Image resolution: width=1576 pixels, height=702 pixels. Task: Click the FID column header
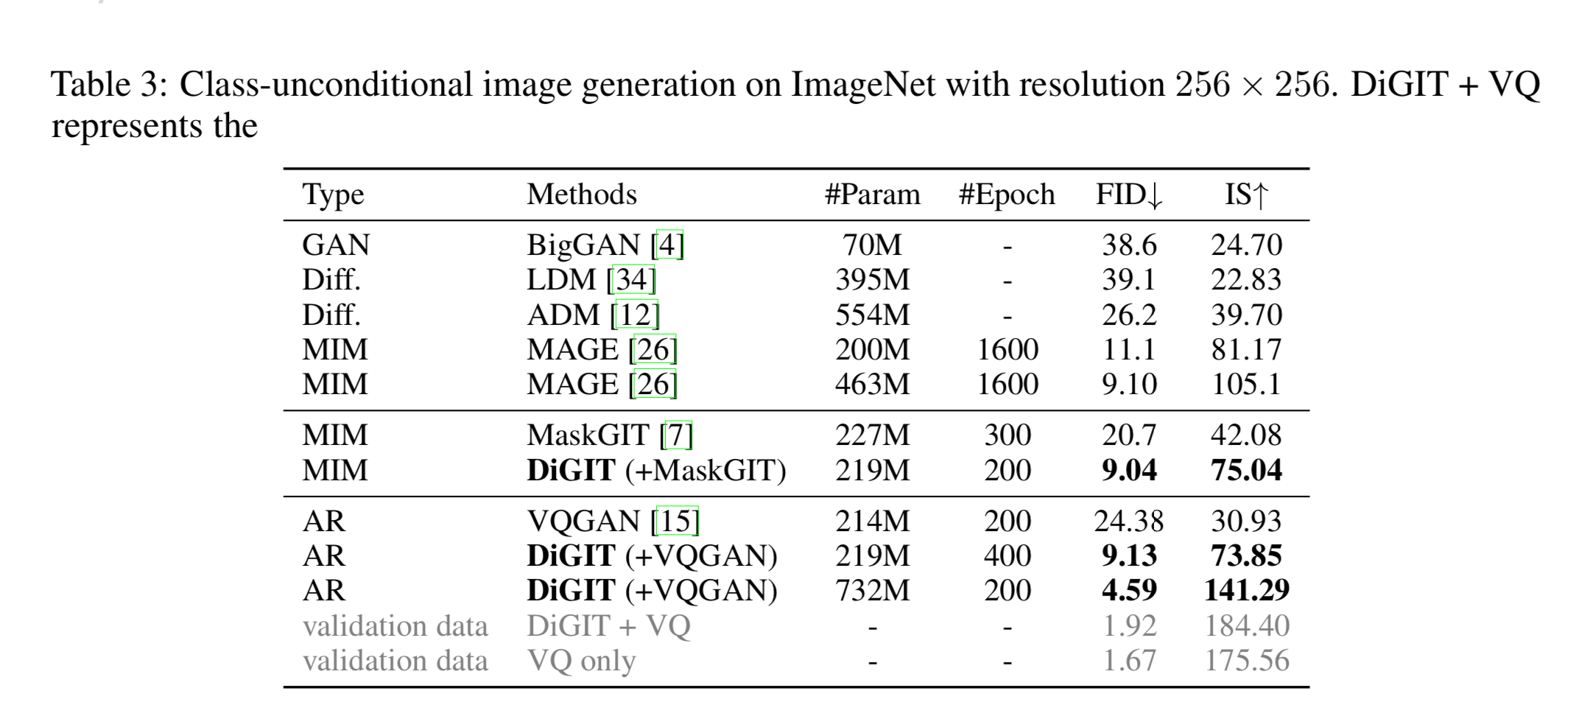pyautogui.click(x=1128, y=195)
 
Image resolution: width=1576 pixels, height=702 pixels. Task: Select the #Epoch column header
pyautogui.click(x=1007, y=195)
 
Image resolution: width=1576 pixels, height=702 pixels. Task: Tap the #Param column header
pyautogui.click(x=872, y=195)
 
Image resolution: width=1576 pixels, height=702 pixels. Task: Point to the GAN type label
pyautogui.click(x=336, y=245)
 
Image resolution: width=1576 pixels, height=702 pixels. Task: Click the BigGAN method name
pyautogui.click(x=583, y=245)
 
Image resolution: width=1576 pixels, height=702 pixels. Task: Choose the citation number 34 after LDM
pyautogui.click(x=631, y=280)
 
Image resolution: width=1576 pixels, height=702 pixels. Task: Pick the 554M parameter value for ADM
pyautogui.click(x=872, y=315)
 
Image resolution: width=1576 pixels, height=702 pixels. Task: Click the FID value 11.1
pyautogui.click(x=1128, y=350)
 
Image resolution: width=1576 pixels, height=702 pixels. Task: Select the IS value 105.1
pyautogui.click(x=1246, y=385)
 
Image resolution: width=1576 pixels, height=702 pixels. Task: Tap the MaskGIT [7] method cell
pyautogui.click(x=610, y=435)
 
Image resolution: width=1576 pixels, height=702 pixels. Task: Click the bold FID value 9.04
pyautogui.click(x=1128, y=471)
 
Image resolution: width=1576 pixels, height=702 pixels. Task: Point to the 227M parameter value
pyautogui.click(x=872, y=435)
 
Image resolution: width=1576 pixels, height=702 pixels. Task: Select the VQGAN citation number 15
pyautogui.click(x=675, y=522)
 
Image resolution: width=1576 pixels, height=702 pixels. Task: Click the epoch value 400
pyautogui.click(x=1007, y=556)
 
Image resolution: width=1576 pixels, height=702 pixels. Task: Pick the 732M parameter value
pyautogui.click(x=872, y=591)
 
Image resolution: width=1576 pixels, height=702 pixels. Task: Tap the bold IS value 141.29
pyautogui.click(x=1246, y=591)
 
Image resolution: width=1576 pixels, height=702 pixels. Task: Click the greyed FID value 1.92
pyautogui.click(x=1128, y=626)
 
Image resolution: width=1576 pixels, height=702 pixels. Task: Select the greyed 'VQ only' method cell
pyautogui.click(x=581, y=661)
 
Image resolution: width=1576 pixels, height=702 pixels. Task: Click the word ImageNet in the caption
pyautogui.click(x=863, y=85)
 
